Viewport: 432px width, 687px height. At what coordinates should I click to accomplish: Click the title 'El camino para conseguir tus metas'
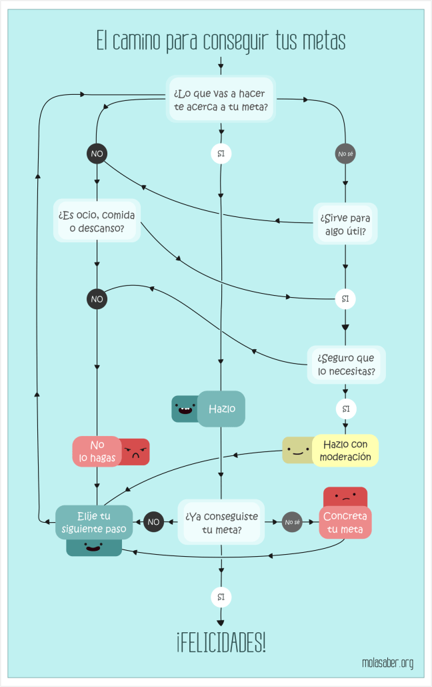[x=221, y=41]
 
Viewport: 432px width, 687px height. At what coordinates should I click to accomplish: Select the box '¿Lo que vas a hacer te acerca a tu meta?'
[x=221, y=99]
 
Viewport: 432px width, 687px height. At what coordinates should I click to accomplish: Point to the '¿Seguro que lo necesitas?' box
[x=345, y=364]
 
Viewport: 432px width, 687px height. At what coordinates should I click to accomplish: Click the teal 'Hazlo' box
[x=221, y=409]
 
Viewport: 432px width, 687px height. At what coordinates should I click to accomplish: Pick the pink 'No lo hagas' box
[x=97, y=451]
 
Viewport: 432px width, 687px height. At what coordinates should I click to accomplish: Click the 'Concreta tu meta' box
[x=345, y=523]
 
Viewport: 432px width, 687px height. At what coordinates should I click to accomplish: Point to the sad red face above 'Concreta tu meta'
[x=345, y=497]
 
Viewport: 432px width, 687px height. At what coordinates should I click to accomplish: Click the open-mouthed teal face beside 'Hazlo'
[x=183, y=409]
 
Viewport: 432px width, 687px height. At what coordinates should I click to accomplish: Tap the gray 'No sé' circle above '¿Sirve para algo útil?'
[x=345, y=154]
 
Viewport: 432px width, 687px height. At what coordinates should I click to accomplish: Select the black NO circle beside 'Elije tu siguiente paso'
[x=154, y=521]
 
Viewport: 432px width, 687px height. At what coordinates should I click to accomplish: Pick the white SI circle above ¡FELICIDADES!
[x=221, y=596]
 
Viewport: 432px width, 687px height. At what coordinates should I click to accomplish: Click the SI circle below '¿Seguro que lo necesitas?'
[x=345, y=408]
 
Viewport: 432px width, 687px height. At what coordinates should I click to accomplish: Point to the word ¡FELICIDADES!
[x=221, y=644]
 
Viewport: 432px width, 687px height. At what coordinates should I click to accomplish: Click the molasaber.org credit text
[x=387, y=663]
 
